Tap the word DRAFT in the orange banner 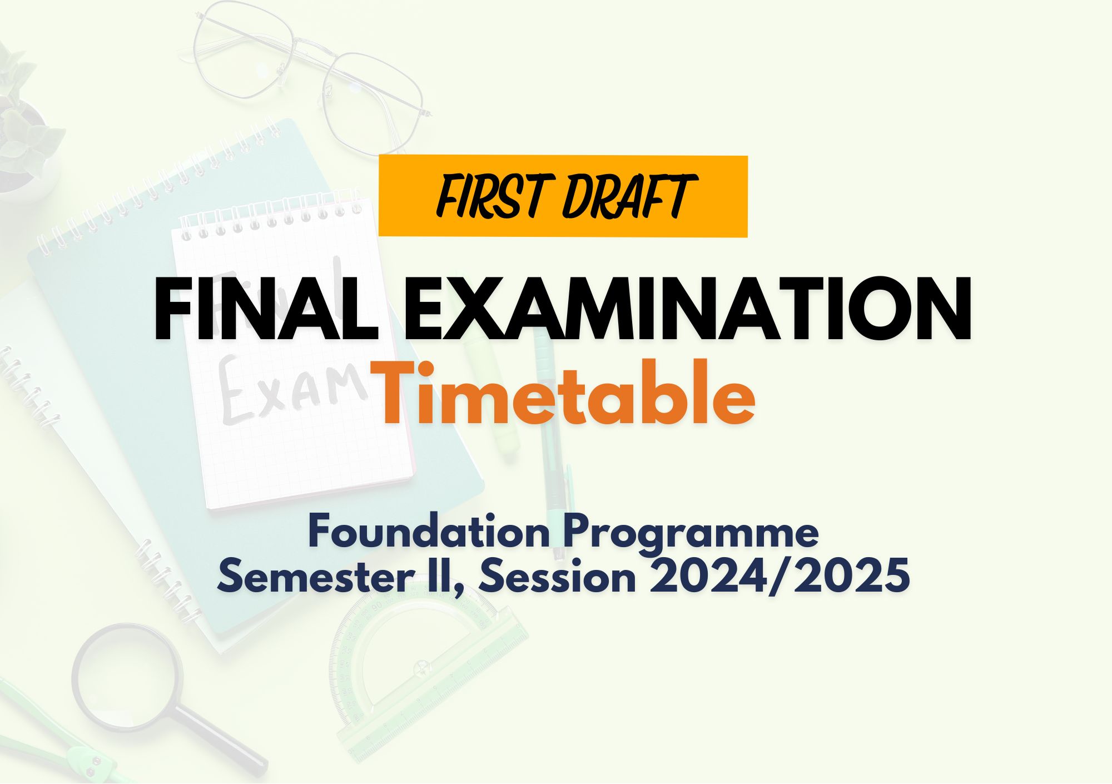click(629, 196)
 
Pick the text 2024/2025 click(780, 577)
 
